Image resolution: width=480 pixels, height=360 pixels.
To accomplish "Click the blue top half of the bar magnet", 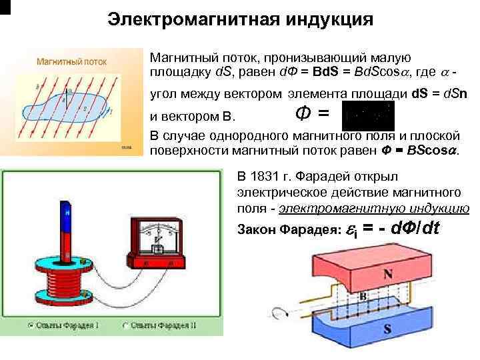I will pos(67,220).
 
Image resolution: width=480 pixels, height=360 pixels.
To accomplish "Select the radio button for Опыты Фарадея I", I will pos(31,326).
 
